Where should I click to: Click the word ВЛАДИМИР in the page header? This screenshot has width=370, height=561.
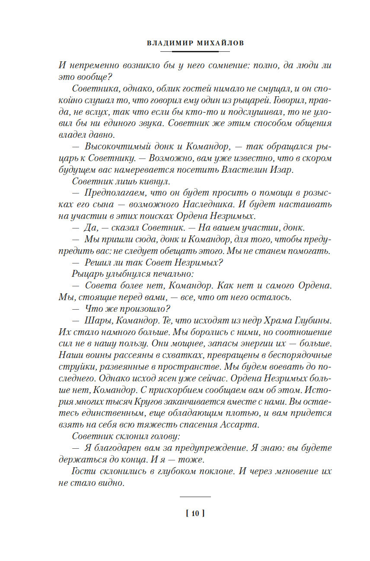[x=166, y=44]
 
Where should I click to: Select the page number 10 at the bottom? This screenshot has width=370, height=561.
[x=195, y=513]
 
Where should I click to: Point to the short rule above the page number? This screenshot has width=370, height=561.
[x=195, y=497]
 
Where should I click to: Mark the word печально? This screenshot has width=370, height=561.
[x=170, y=273]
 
